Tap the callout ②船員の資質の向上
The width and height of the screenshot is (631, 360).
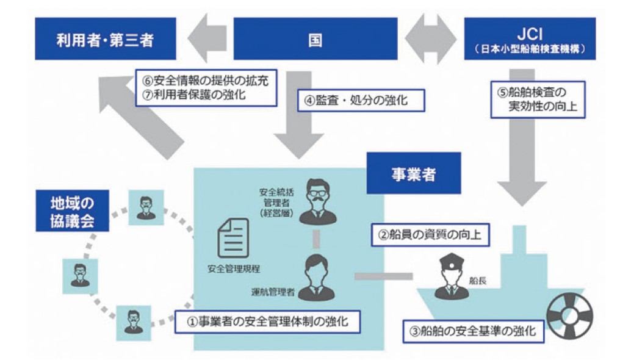pos(430,234)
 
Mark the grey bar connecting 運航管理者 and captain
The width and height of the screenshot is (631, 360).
pos(375,276)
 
